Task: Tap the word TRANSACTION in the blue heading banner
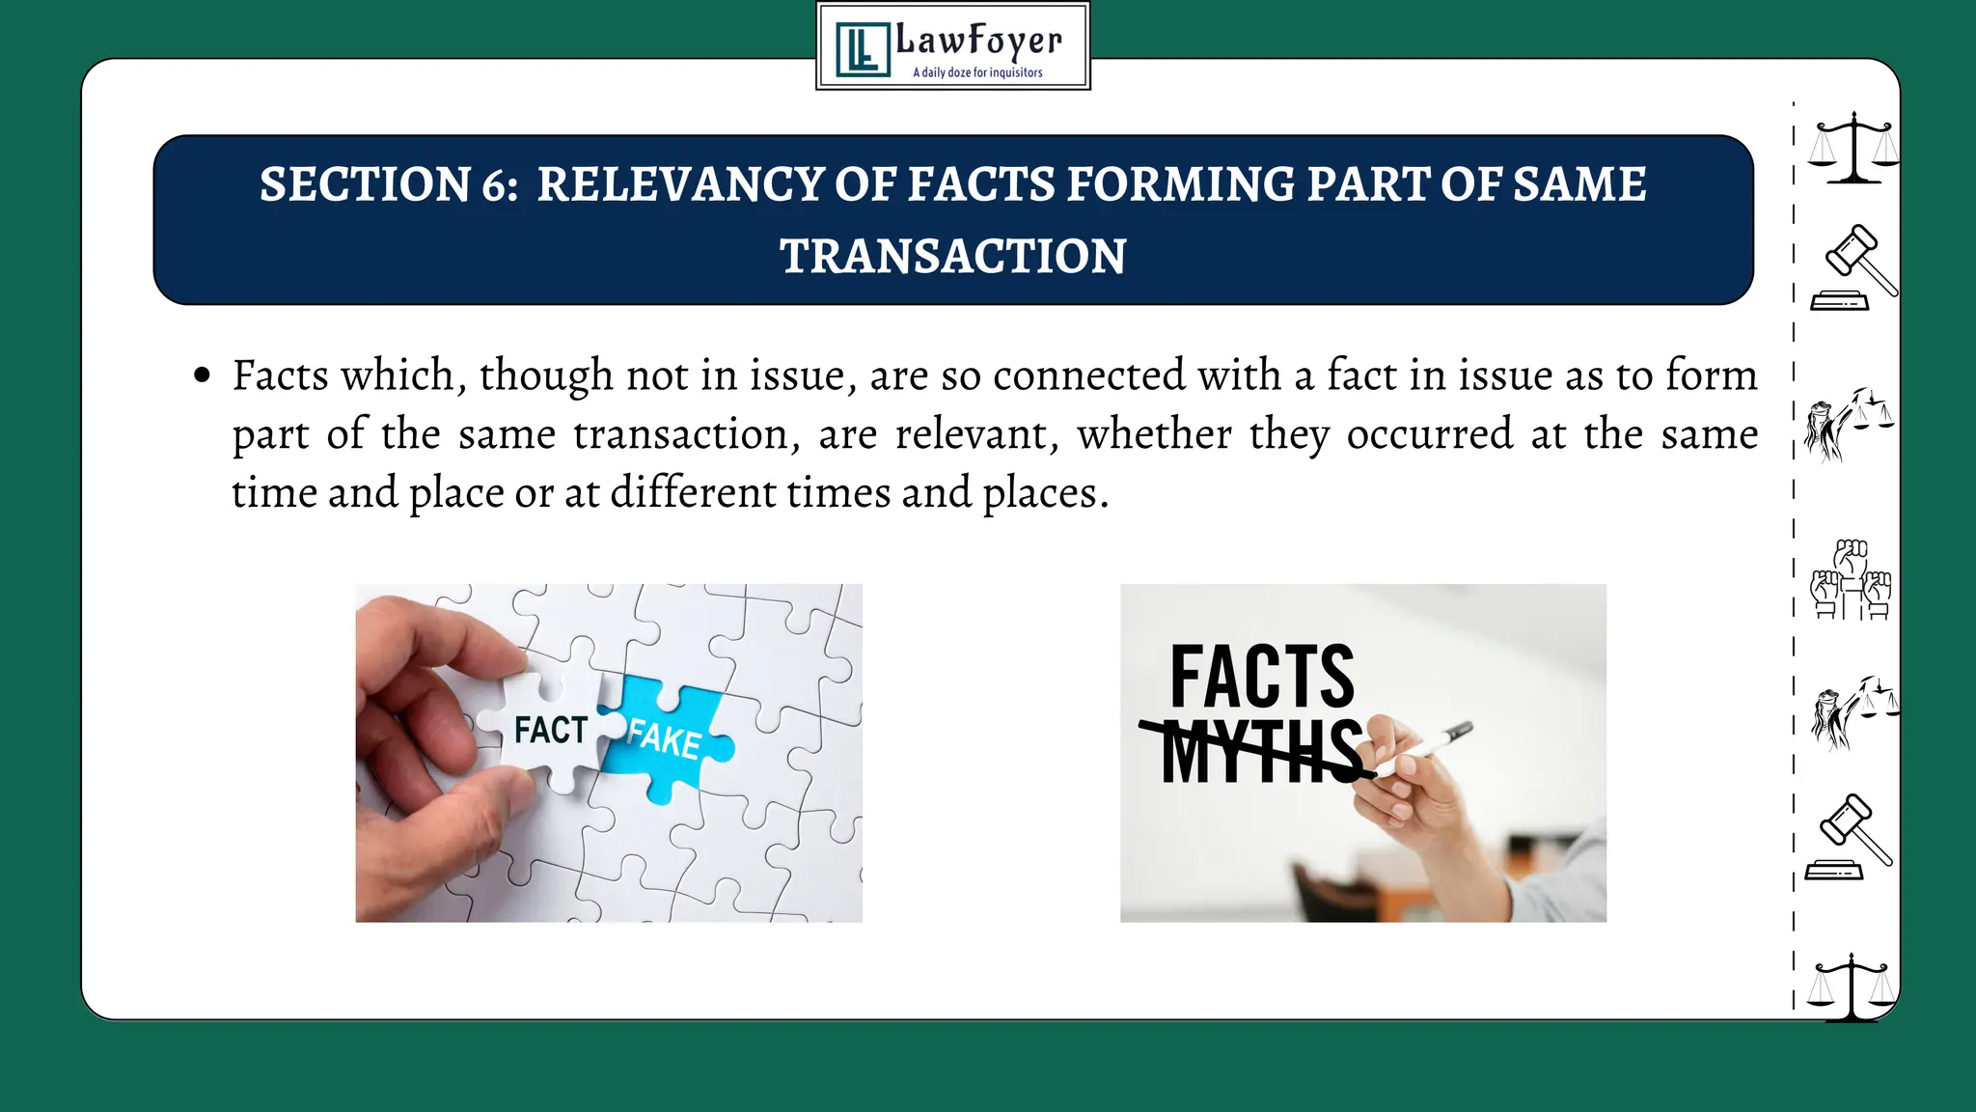952,257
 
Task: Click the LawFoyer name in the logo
978,41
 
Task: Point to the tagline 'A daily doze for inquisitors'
977,72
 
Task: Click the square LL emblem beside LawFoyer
862,49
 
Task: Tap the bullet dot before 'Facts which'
202,375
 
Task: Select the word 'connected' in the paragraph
1088,375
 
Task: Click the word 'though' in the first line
545,375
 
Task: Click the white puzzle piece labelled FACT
548,729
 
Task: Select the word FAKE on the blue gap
664,738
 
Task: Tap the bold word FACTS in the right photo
1262,678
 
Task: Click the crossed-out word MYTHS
1260,751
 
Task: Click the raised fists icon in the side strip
1850,579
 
